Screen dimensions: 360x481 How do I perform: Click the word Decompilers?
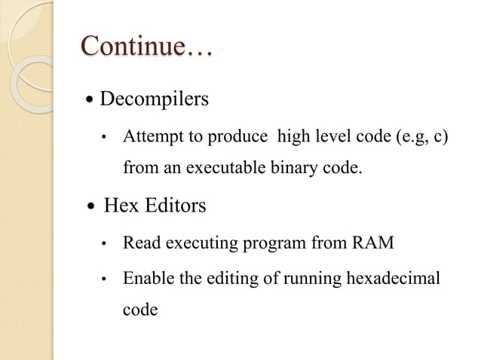coord(154,99)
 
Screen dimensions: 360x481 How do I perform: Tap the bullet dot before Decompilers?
coord(90,100)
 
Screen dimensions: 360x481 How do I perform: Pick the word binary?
coord(294,167)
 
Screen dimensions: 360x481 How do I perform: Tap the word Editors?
coord(174,205)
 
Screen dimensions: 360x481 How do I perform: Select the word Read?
coord(140,243)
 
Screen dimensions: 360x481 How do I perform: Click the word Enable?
coord(146,279)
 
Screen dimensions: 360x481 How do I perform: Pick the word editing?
coord(226,279)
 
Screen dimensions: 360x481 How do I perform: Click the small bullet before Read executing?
coord(106,244)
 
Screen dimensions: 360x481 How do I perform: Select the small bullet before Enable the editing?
coord(106,280)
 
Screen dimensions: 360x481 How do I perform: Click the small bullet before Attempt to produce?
coord(106,139)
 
